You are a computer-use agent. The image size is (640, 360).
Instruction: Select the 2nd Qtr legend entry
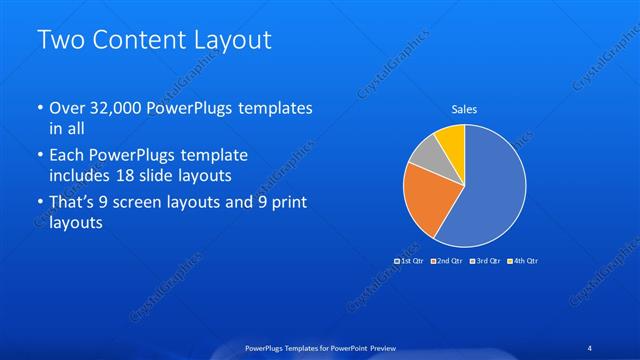[449, 261]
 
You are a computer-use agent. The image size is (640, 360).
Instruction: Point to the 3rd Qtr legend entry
[486, 261]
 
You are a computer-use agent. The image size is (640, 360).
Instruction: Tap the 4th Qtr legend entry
[523, 261]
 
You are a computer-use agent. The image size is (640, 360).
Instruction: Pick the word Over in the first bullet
[66, 107]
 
